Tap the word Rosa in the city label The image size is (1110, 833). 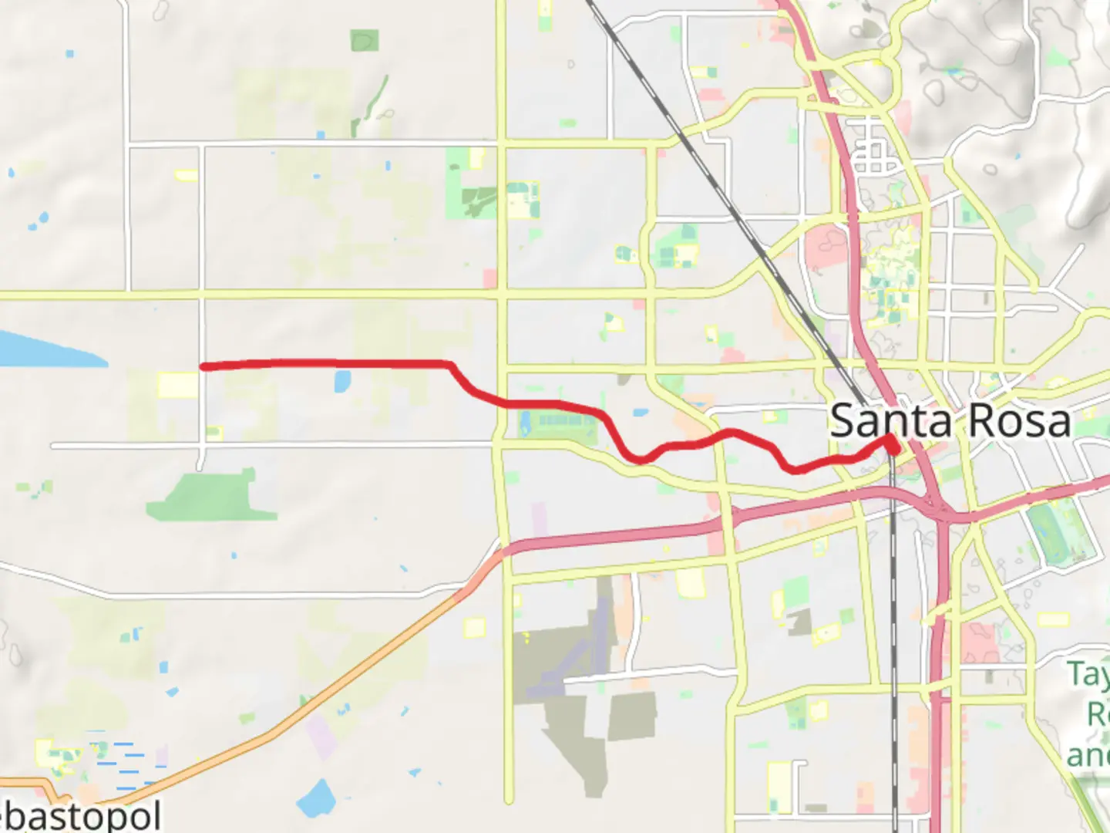tap(1018, 421)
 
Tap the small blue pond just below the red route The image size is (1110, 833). tap(342, 379)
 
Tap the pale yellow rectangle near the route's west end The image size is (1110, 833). tap(177, 385)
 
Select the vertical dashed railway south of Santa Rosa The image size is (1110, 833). tap(894, 656)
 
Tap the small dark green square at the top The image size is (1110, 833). tap(365, 40)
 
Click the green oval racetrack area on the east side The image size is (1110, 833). tap(1060, 532)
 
